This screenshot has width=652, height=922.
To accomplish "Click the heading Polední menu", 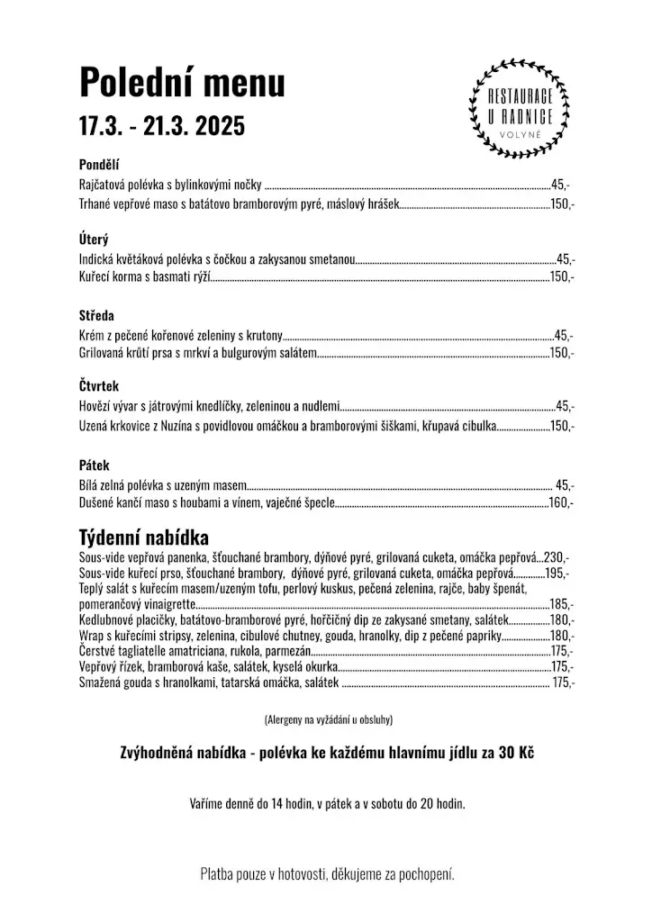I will [182, 83].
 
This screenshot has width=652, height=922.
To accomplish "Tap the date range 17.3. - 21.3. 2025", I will [161, 126].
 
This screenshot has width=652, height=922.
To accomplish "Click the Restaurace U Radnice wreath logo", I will [519, 106].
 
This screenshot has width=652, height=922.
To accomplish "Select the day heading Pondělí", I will [99, 165].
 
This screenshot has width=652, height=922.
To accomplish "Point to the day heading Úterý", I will [94, 240].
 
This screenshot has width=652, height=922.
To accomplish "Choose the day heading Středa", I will [96, 315].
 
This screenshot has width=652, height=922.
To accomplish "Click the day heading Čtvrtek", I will [99, 385].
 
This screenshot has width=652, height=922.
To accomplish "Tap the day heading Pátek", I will [94, 466].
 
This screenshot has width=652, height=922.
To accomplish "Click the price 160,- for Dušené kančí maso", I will [561, 503].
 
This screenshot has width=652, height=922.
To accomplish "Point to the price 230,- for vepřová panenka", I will [557, 557].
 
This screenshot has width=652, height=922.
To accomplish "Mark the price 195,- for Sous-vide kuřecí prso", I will [557, 573].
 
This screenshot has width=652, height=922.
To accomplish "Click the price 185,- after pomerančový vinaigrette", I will [561, 604].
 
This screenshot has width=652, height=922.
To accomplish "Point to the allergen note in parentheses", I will [328, 720].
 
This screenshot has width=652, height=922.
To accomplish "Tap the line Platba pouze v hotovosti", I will [327, 874].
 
